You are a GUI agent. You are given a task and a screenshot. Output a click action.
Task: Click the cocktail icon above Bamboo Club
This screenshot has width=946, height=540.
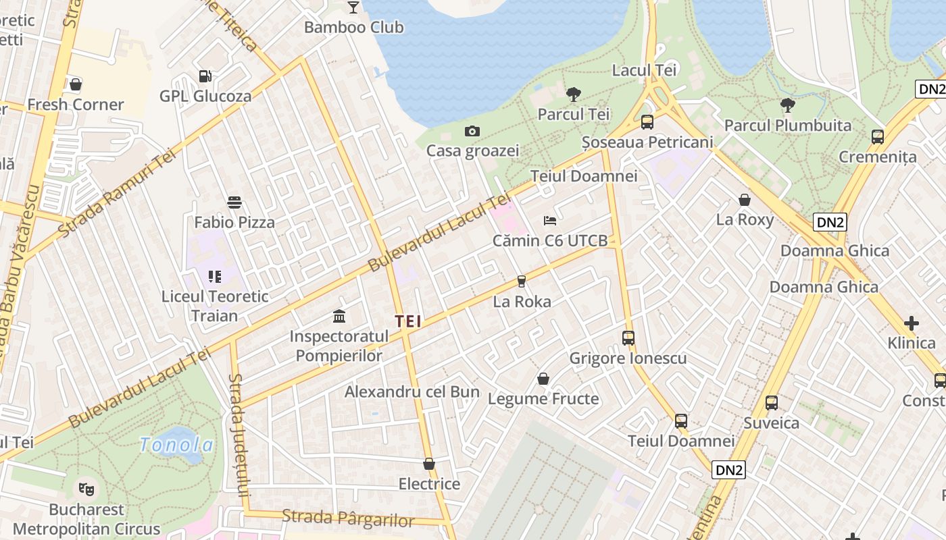353,7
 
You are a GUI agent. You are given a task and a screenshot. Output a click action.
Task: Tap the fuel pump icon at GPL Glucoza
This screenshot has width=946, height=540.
205,76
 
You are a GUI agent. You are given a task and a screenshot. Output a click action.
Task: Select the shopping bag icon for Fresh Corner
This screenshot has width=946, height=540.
76,85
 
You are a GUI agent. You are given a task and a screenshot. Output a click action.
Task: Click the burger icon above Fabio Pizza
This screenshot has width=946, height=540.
234,202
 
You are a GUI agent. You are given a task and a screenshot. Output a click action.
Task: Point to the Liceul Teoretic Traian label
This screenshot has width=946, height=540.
215,306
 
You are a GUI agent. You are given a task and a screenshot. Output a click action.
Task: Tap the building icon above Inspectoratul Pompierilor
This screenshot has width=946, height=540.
339,316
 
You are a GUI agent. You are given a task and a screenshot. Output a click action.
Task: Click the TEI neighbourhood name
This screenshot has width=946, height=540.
408,322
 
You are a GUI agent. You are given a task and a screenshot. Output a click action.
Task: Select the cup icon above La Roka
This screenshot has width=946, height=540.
521,281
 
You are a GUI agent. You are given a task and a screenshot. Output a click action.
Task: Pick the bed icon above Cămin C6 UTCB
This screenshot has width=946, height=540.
550,221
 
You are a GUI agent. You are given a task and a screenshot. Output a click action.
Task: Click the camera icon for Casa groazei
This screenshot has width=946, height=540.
472,131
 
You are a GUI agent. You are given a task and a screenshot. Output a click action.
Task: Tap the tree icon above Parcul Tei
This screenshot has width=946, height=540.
574,94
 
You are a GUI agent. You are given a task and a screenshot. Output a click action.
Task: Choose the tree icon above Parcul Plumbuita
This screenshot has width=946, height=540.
787,105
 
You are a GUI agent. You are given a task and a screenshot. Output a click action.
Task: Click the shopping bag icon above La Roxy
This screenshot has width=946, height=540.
745,200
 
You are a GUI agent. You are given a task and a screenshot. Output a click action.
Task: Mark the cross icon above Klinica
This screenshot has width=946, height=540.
912,323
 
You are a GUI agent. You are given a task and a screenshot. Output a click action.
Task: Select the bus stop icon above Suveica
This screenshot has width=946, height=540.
772,403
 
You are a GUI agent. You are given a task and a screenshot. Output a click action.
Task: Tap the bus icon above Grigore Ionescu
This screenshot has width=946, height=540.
628,338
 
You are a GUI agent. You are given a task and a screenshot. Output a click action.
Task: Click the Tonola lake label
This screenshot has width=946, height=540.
176,445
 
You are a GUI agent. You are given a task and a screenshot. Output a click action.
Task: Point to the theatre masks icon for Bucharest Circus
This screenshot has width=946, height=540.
86,488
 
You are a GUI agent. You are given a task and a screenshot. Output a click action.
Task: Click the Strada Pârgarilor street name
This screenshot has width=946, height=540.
348,519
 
